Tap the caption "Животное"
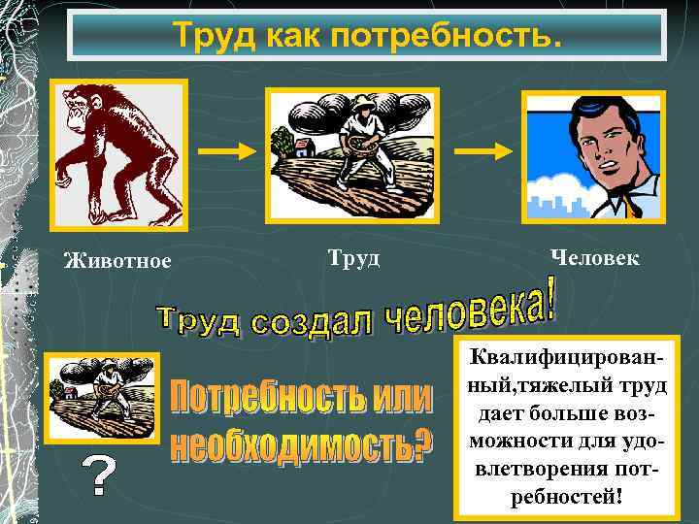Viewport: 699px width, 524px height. (117, 260)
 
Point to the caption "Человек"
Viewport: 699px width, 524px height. (594, 257)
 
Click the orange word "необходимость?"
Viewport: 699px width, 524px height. (301, 444)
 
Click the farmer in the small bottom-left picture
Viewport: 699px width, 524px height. (106, 383)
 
